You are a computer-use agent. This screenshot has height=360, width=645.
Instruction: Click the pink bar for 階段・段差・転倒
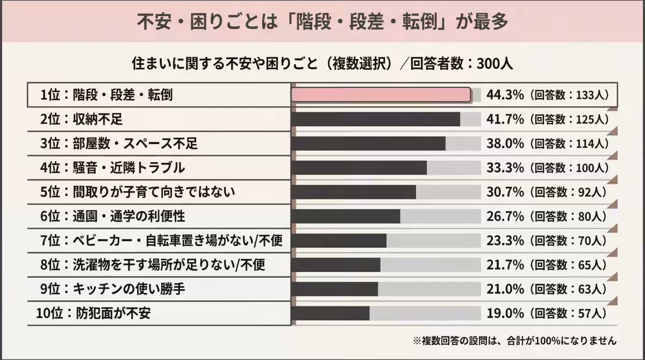pyautogui.click(x=381, y=95)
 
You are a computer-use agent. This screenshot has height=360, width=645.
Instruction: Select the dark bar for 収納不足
pyautogui.click(x=375, y=119)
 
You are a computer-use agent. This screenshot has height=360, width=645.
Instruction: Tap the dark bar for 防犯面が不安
pyautogui.click(x=330, y=313)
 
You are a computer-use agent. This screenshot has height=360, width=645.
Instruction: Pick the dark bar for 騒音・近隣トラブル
pyautogui.click(x=359, y=168)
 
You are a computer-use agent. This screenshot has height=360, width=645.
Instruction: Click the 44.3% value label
pyautogui.click(x=505, y=95)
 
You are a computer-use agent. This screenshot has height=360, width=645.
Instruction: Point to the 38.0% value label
pyautogui.click(x=505, y=143)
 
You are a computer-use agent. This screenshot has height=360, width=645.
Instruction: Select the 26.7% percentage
pyautogui.click(x=505, y=216)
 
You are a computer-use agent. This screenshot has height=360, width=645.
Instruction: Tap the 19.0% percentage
pyautogui.click(x=505, y=313)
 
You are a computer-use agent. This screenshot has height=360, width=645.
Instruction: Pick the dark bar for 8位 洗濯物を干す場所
pyautogui.click(x=335, y=265)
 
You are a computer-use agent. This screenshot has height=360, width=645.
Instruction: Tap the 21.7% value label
pyautogui.click(x=505, y=265)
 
